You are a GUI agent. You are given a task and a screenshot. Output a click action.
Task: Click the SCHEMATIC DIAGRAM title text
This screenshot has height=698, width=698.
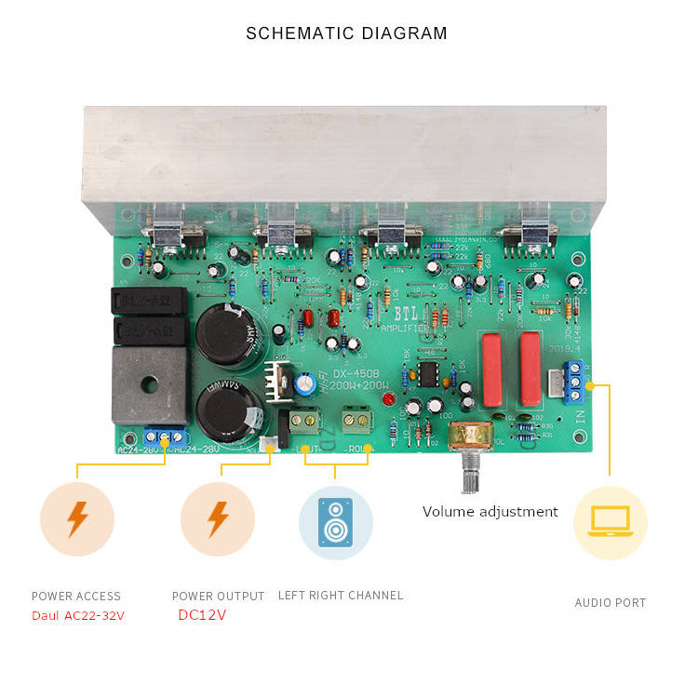click(x=346, y=34)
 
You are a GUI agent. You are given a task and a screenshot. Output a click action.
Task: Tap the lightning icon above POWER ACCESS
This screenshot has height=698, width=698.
click(x=77, y=520)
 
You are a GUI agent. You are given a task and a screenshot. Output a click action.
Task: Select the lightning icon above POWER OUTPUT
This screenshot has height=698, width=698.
click(x=218, y=520)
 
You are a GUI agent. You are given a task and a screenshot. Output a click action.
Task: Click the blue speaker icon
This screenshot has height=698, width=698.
click(x=335, y=522)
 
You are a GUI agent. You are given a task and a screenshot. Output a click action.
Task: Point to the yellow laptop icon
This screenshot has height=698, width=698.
click(x=610, y=522)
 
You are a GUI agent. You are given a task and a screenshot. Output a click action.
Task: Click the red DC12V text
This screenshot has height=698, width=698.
click(x=202, y=615)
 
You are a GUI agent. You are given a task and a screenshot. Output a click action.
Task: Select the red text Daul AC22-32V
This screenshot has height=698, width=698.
click(x=78, y=616)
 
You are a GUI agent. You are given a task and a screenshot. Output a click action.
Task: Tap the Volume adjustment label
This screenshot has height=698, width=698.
click(x=490, y=511)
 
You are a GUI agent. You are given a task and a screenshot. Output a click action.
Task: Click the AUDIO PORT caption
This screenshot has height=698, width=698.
click(x=610, y=602)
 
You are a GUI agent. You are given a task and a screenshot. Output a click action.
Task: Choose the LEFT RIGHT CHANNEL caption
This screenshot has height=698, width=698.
click(x=341, y=595)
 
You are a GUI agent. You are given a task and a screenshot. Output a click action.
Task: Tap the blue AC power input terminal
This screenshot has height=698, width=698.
click(x=165, y=436)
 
